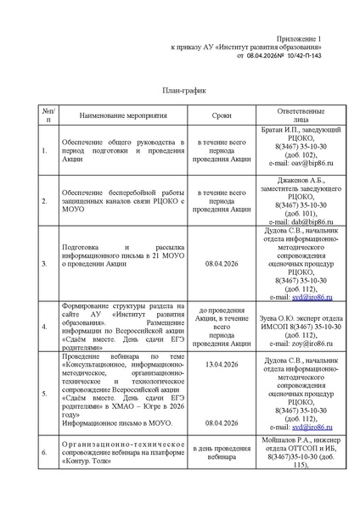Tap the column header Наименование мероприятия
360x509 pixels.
click(x=124, y=115)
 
